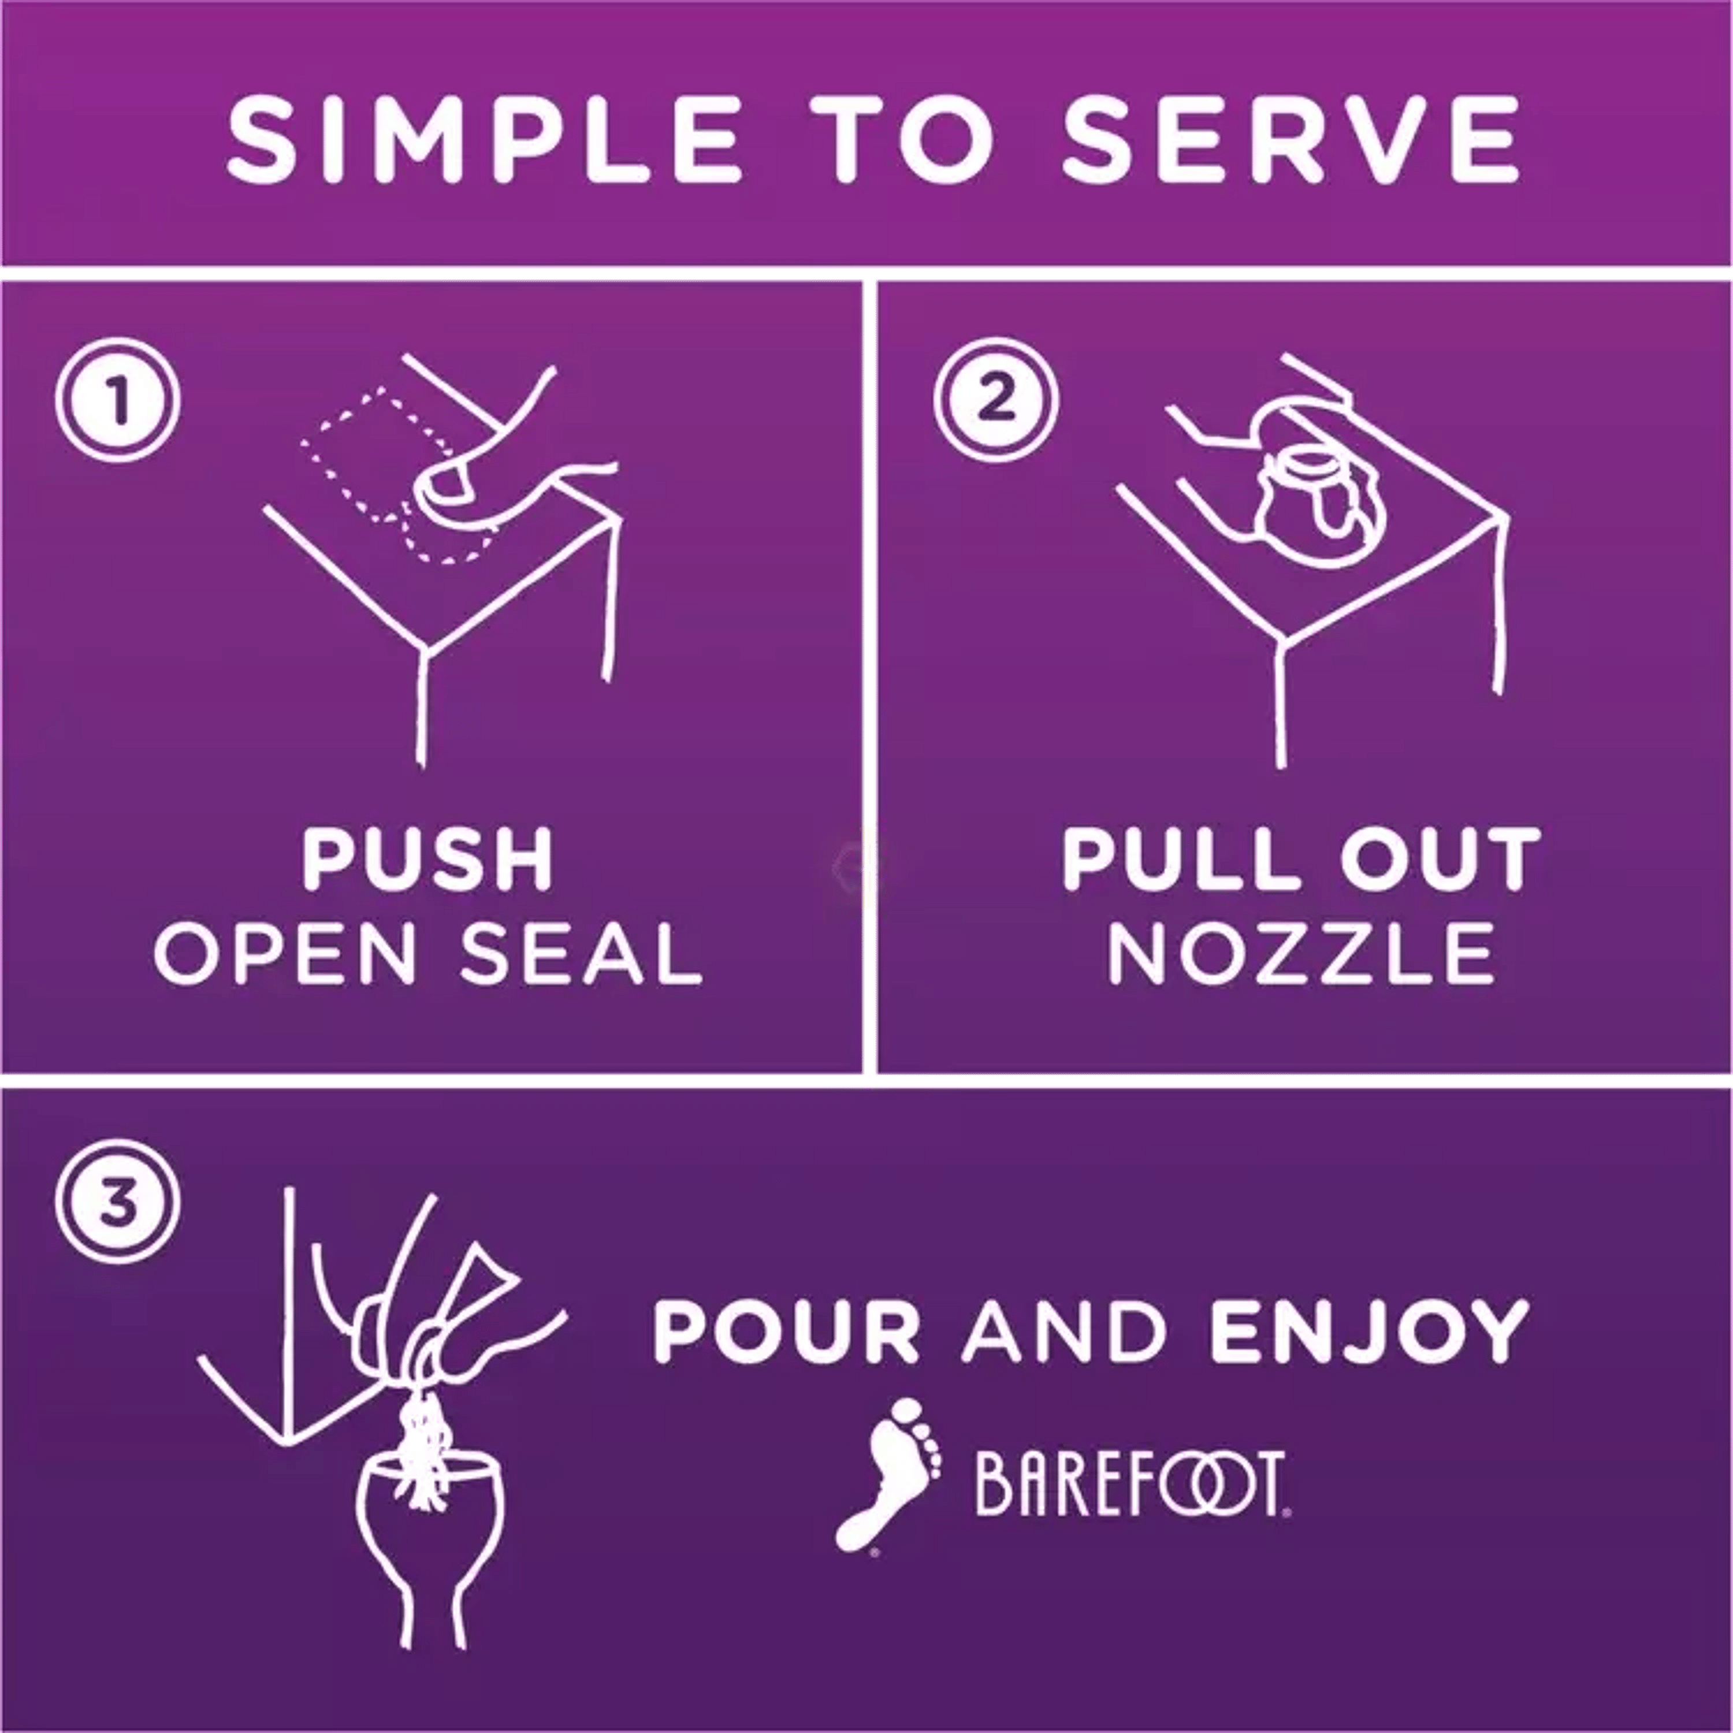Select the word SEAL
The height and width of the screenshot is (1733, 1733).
coord(581,954)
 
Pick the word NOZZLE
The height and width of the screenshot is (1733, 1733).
coord(1303,954)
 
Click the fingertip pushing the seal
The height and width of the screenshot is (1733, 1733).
coord(444,485)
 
